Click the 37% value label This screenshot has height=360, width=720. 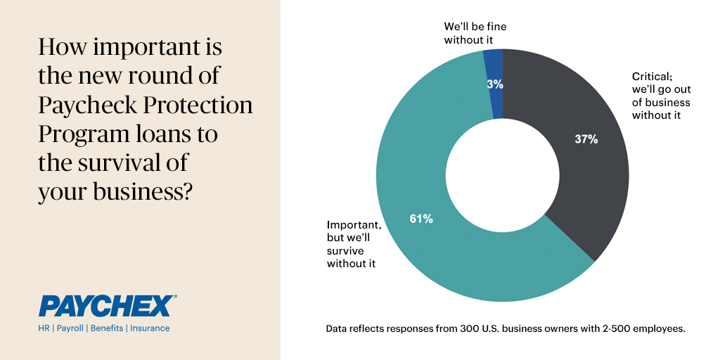pos(586,139)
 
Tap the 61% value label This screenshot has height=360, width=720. pos(421,219)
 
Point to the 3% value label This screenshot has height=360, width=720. pos(494,84)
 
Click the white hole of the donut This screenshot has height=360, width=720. pos(502,175)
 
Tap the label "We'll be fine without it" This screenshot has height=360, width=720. pos(475,33)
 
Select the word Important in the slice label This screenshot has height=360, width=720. pos(354,225)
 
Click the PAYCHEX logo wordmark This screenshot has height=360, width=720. pos(105,306)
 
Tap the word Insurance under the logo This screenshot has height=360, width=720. pos(149,328)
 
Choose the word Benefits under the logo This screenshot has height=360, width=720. pos(105,328)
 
